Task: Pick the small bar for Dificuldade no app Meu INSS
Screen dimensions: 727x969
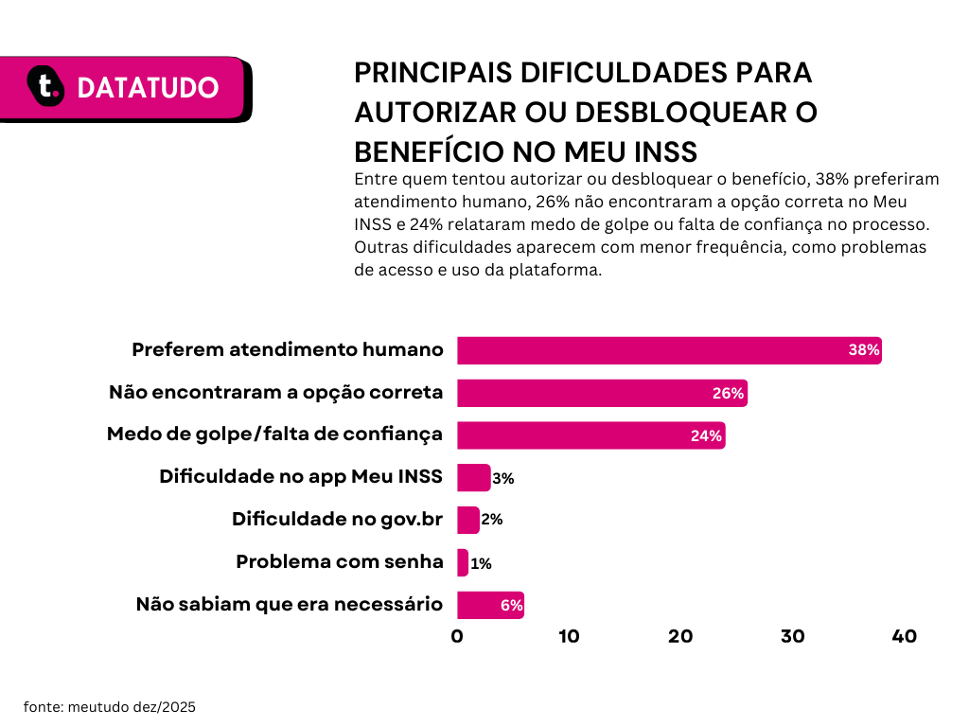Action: pyautogui.click(x=473, y=478)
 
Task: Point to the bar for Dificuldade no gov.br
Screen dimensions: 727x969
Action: pyautogui.click(x=467, y=520)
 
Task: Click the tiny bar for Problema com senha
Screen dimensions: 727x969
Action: pyautogui.click(x=463, y=562)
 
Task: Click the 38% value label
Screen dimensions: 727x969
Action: pyautogui.click(x=864, y=350)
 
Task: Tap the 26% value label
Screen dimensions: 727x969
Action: pyautogui.click(x=729, y=394)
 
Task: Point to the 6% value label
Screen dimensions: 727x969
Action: pyautogui.click(x=511, y=606)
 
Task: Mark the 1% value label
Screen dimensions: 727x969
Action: pyautogui.click(x=481, y=564)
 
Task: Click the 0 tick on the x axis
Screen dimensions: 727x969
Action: pyautogui.click(x=457, y=637)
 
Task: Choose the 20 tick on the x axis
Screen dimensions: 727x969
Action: pyautogui.click(x=680, y=637)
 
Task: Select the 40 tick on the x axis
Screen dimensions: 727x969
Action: pyautogui.click(x=904, y=637)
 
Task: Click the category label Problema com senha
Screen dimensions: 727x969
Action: pyautogui.click(x=339, y=561)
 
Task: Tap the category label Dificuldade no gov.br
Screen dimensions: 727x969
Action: pyautogui.click(x=337, y=520)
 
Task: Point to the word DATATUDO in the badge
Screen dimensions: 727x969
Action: pyautogui.click(x=148, y=88)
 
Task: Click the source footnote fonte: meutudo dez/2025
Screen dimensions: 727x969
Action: pyautogui.click(x=109, y=706)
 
